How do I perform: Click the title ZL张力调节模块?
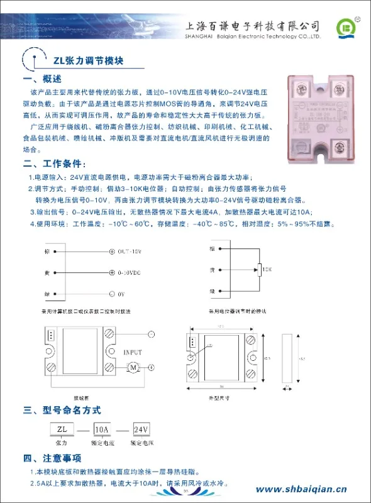(x=88, y=61)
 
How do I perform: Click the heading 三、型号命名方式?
(x=62, y=410)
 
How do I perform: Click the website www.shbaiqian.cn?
(x=301, y=489)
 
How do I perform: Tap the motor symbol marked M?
(x=133, y=367)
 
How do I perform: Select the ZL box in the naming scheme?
(x=62, y=429)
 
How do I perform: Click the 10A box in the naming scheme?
(x=101, y=429)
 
